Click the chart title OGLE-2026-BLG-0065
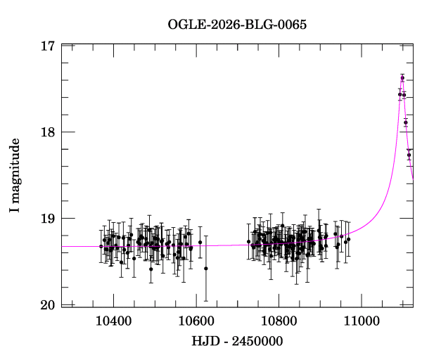coord(237,25)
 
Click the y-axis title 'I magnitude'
coord(14,174)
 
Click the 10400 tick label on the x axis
coord(113,321)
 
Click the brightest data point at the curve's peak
coord(402,78)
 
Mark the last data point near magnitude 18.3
coord(409,155)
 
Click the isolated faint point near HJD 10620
coord(206,268)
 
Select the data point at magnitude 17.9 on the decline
coord(406,122)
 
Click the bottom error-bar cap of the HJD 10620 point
coord(206,301)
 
